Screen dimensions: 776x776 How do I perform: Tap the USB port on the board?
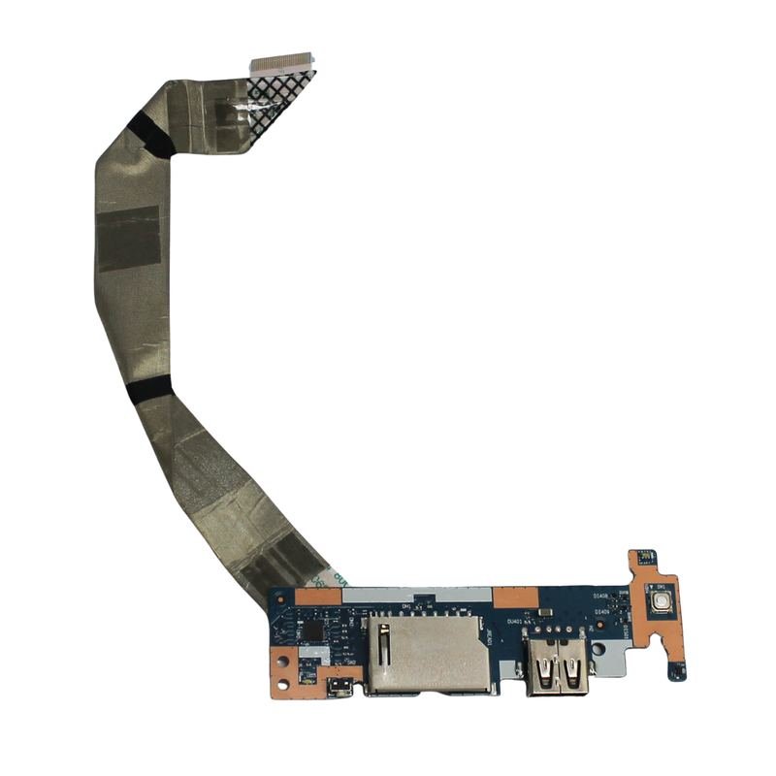pos(559,668)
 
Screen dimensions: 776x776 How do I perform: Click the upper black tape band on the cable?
pos(148,135)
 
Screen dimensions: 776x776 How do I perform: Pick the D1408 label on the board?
pos(600,597)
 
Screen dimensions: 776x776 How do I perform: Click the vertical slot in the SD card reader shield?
pos(386,646)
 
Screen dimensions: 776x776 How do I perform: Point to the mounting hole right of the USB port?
pos(600,640)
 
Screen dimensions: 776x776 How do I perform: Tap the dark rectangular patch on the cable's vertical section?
pos(127,238)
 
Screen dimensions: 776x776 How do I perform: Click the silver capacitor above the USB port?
pos(543,612)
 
